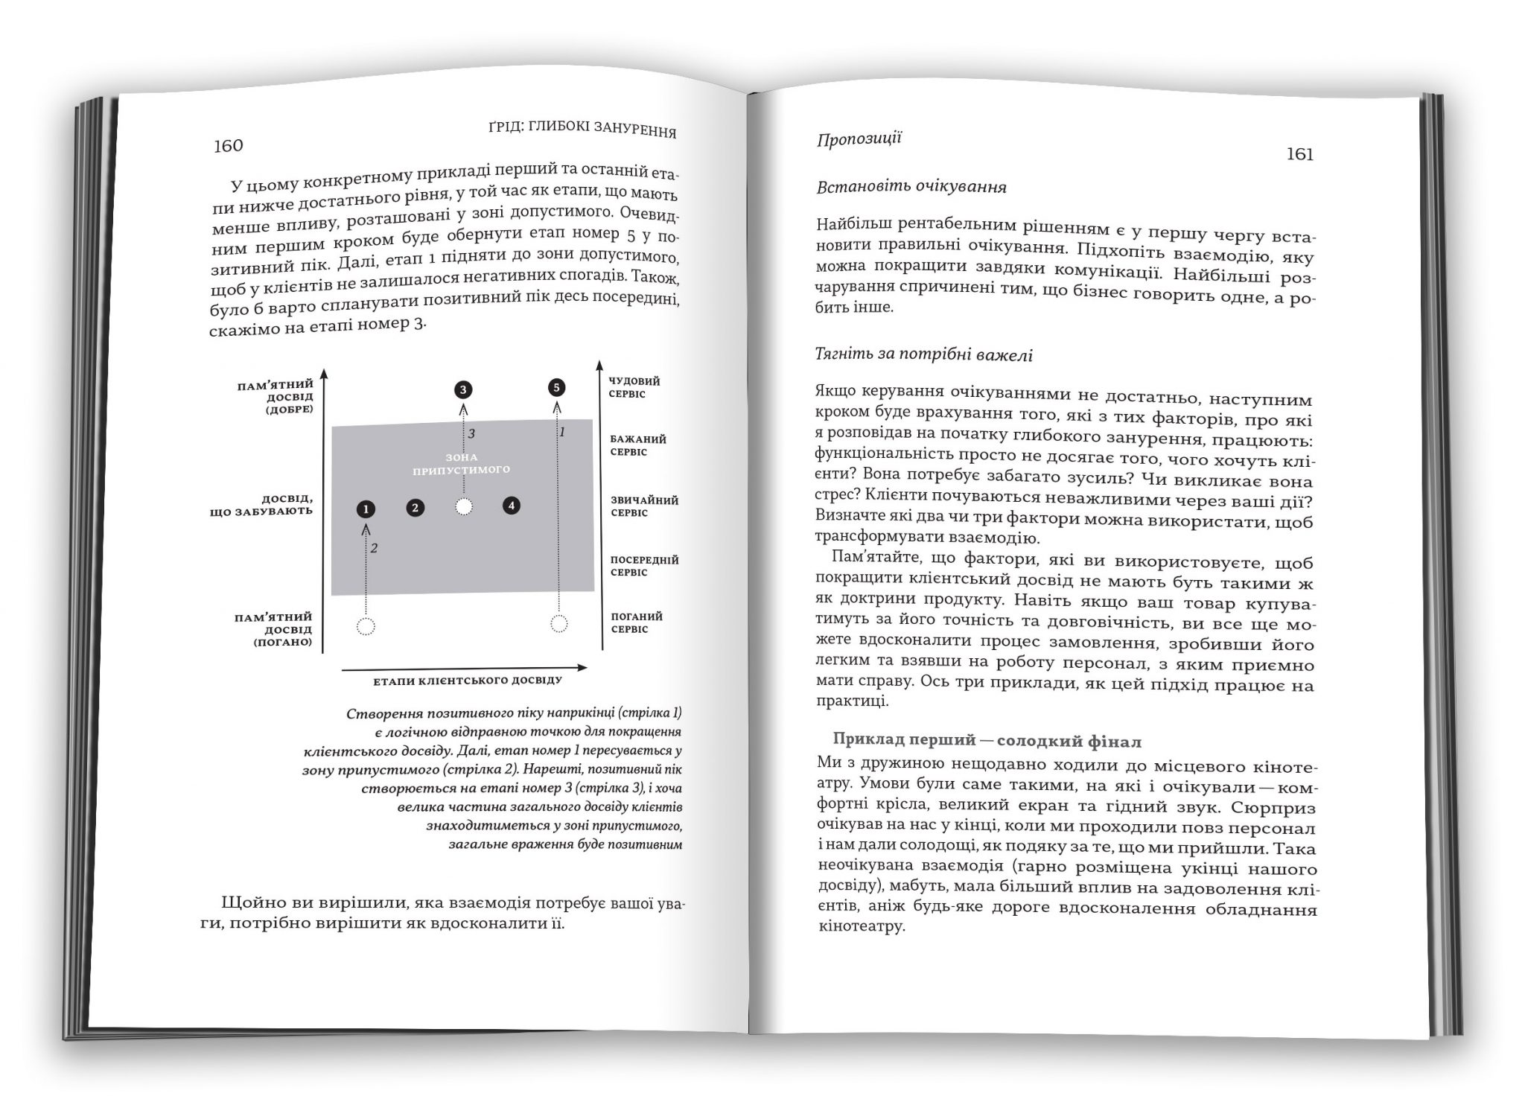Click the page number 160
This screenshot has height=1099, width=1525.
(x=228, y=145)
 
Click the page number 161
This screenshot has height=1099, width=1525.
(x=1299, y=154)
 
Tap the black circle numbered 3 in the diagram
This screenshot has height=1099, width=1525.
(x=463, y=389)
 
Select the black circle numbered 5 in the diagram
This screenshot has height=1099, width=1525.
(x=556, y=387)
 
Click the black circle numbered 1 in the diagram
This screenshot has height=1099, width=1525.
(x=366, y=509)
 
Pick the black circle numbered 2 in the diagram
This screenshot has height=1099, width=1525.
(x=416, y=508)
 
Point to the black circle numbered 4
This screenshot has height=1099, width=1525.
(x=511, y=506)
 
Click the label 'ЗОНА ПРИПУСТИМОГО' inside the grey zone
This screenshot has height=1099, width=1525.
(x=461, y=463)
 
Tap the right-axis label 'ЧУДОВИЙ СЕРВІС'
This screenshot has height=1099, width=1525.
(x=634, y=387)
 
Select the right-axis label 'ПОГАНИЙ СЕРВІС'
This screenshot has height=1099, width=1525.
(x=636, y=622)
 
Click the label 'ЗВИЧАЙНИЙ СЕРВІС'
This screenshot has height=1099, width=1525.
(x=644, y=506)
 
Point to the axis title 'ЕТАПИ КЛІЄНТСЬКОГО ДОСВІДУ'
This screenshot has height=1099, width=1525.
(x=468, y=681)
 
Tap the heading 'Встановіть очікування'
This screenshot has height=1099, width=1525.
(x=911, y=187)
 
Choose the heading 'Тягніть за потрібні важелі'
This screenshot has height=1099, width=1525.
(x=924, y=354)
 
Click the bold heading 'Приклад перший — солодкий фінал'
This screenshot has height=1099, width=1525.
(x=987, y=740)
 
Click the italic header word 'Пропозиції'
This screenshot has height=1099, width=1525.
(x=859, y=139)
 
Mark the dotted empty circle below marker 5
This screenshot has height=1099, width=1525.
(x=558, y=623)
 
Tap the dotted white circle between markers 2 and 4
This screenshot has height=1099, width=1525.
(x=464, y=507)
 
